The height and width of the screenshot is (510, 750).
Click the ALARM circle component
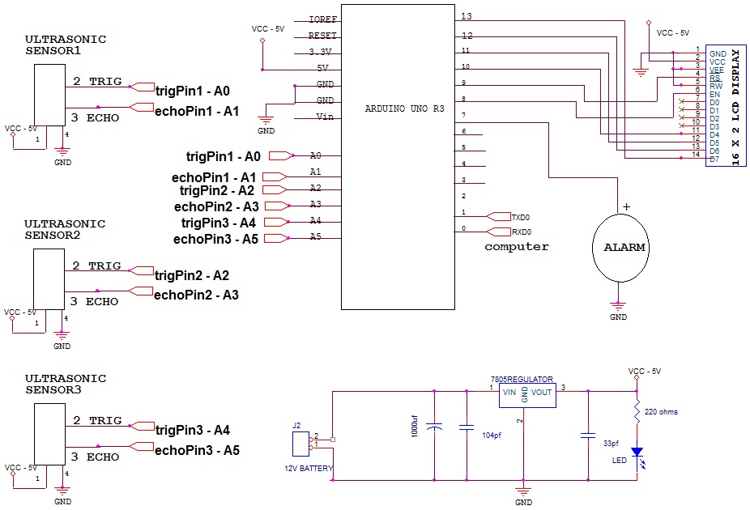coord(619,247)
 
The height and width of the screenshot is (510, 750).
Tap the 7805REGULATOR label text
coord(522,379)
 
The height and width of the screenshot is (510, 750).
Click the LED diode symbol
coord(637,453)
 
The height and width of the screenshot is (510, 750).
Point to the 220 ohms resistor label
coord(662,412)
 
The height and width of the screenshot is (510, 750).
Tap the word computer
coord(516,246)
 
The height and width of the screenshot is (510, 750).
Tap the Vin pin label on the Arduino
coord(324,117)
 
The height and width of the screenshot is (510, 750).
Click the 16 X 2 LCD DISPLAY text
coord(735,108)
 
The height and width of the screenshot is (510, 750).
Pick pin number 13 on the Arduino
coord(467,16)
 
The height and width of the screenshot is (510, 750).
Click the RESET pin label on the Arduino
coord(323,36)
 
